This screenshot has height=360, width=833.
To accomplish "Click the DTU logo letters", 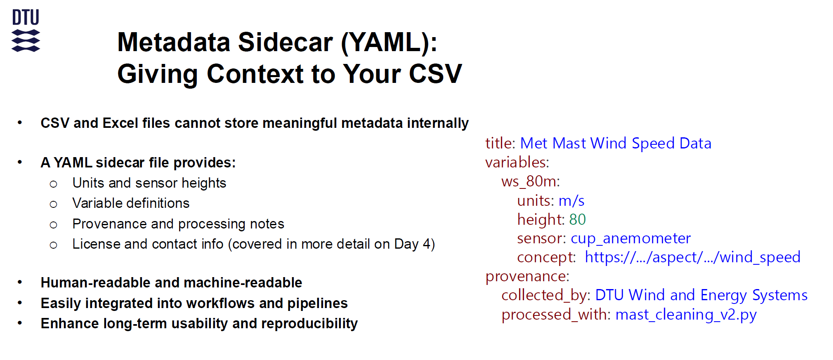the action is (26, 17).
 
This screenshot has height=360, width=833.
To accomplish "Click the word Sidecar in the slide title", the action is (285, 42).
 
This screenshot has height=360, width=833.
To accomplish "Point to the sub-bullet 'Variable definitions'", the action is (131, 203).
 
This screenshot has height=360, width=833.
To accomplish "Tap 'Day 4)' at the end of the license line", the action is (414, 244).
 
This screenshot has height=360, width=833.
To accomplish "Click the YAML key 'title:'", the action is (500, 143).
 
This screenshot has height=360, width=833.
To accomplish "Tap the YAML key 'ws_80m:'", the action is (531, 181).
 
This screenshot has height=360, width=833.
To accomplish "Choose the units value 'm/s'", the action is (571, 200).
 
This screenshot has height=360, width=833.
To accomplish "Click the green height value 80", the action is (578, 219).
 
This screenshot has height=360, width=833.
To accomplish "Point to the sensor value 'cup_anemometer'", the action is (630, 238).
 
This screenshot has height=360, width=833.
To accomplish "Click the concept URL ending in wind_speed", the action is (693, 257).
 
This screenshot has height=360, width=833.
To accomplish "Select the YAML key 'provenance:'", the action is (527, 276).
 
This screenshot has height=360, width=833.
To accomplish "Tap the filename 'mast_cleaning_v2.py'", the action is (686, 315).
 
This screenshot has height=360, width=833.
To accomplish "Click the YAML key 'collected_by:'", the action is (546, 295).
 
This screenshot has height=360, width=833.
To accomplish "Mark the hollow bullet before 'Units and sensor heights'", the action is (53, 184).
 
